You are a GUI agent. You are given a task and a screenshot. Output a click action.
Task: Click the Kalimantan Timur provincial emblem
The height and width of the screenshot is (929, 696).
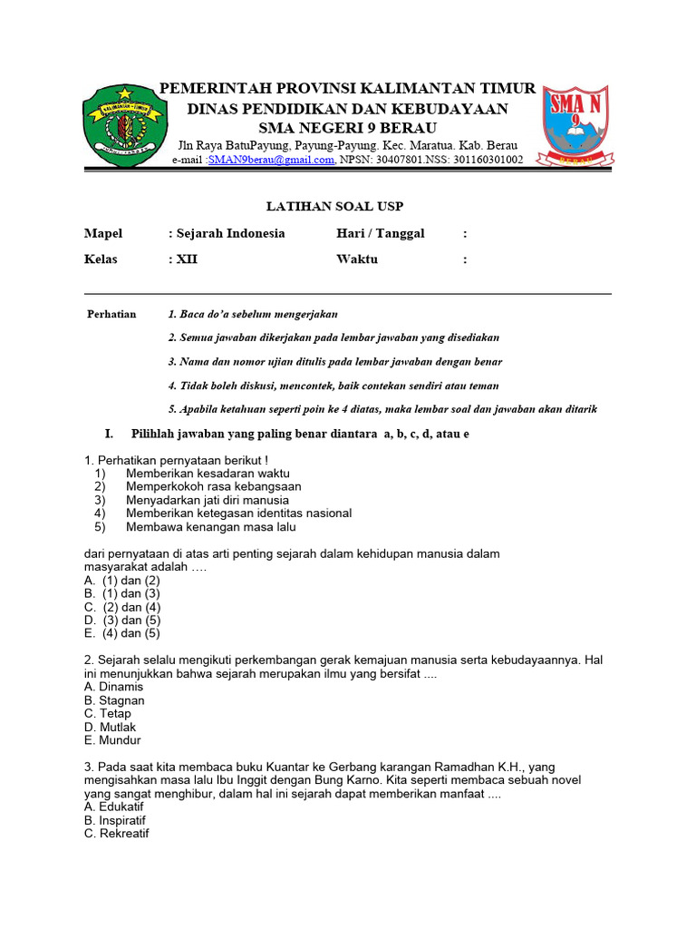tap(125, 124)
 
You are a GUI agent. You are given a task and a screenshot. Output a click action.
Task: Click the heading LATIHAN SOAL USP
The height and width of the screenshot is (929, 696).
tap(347, 208)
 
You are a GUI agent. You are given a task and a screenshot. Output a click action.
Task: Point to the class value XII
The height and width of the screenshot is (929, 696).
tap(187, 259)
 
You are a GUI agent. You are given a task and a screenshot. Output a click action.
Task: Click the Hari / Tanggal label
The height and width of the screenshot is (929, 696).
tap(380, 233)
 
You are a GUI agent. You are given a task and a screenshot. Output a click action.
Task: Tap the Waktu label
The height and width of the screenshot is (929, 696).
tap(357, 259)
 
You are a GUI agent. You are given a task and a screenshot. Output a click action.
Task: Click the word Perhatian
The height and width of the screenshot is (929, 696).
tap(111, 314)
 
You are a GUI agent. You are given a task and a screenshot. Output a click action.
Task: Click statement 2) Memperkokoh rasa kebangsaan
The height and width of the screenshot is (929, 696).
tap(213, 486)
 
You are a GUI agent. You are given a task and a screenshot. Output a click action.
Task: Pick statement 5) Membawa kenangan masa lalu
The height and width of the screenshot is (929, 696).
tap(210, 527)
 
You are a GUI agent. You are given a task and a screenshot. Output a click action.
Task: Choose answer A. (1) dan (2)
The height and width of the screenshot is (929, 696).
tap(122, 580)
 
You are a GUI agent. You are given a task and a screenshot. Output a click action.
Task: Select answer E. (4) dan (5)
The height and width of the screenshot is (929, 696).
tap(122, 633)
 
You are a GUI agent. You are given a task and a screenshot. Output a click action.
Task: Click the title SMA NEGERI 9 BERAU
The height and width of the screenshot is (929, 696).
tap(347, 127)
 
